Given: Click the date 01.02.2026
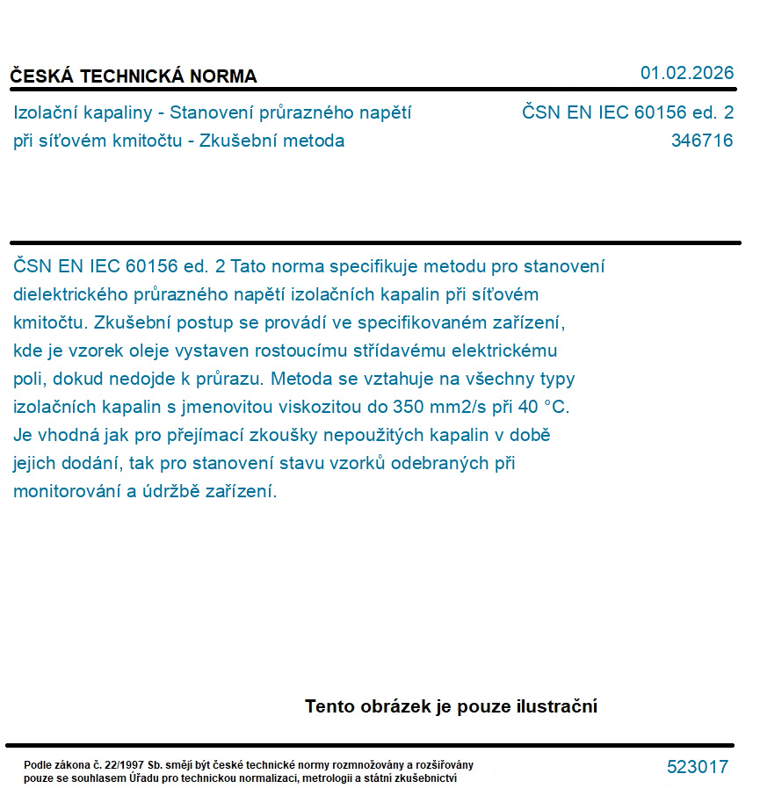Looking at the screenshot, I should [x=686, y=73].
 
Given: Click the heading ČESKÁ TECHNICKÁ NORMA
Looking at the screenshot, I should [x=134, y=76].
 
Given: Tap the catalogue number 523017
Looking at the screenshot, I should [x=697, y=767].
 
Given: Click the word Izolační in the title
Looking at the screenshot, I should [x=45, y=112].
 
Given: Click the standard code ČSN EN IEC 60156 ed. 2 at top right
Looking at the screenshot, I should [x=626, y=112].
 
